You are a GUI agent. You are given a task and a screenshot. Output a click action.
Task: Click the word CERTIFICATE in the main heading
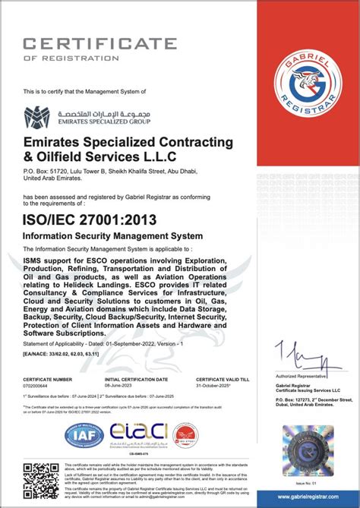point(99,43)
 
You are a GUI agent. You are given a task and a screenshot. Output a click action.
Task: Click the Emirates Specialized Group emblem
point(37,118)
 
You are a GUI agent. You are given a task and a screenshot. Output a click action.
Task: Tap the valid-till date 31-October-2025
point(213,384)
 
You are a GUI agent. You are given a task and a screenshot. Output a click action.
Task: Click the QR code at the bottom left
point(40,481)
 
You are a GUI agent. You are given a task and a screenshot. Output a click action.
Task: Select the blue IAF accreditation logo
point(84,434)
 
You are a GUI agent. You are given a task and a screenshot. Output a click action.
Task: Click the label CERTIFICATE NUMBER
point(48,378)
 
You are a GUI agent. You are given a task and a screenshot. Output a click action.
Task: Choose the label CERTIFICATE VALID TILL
point(222,378)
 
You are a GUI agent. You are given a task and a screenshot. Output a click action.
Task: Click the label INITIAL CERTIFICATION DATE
point(137,378)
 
